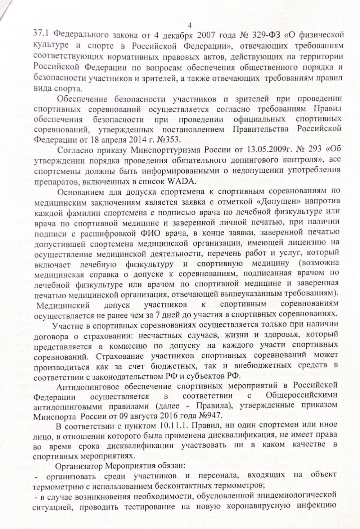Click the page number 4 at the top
(x=190, y=25)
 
